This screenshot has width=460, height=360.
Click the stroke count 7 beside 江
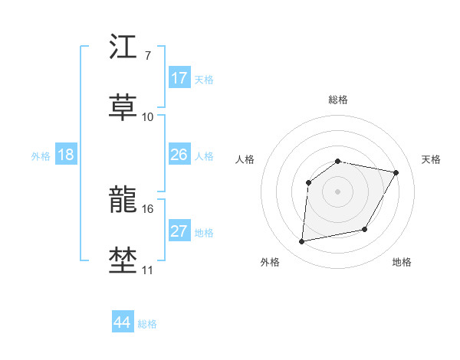click(147, 56)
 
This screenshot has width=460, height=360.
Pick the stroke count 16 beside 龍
click(147, 208)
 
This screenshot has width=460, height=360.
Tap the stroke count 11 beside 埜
click(147, 270)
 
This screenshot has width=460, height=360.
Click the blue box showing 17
click(179, 78)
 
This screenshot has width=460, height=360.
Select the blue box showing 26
click(179, 155)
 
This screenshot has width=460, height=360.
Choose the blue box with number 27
click(179, 231)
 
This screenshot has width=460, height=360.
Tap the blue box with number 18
click(66, 155)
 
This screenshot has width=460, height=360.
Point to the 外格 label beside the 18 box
click(41, 156)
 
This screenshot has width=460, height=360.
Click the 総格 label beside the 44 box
click(147, 324)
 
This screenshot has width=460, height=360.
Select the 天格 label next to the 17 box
click(204, 80)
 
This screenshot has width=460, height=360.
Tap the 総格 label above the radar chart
click(337, 100)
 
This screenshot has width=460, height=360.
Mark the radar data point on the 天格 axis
click(396, 172)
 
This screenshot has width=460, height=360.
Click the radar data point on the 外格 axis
click(302, 242)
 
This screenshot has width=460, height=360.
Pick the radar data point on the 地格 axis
click(365, 229)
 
